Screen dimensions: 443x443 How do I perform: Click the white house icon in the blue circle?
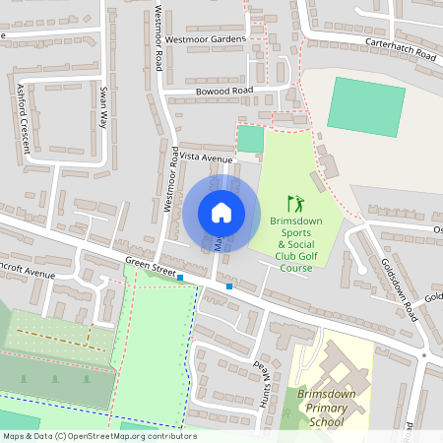221,212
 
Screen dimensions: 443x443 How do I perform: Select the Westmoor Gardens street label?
205,39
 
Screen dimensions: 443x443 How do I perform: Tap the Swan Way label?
102,106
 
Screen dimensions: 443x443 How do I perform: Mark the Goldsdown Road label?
399,285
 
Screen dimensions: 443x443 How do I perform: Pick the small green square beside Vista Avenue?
251,139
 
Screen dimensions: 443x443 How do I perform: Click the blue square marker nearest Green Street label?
180,278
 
